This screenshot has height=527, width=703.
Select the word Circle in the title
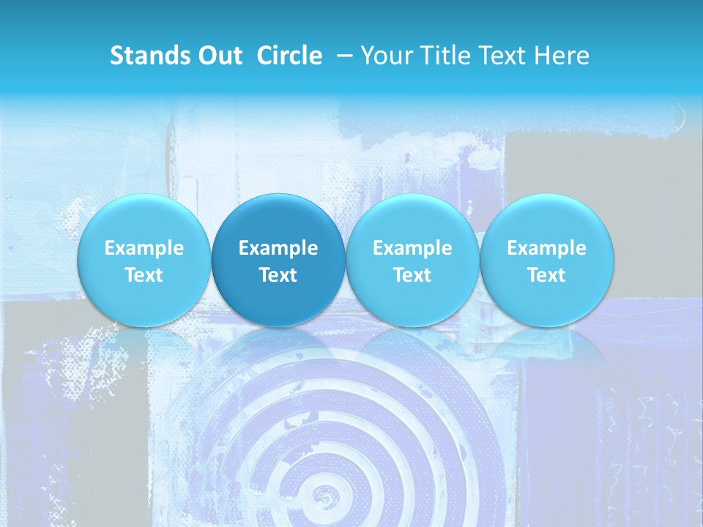pyautogui.click(x=289, y=56)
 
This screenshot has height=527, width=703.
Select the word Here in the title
pyautogui.click(x=562, y=56)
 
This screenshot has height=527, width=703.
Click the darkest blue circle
pyautogui.click(x=278, y=260)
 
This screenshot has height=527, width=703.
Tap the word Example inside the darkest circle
pyautogui.click(x=278, y=248)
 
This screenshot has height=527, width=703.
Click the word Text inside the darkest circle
pyautogui.click(x=278, y=275)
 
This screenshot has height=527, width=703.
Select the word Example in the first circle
pyautogui.click(x=144, y=248)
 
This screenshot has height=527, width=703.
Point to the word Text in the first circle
pyautogui.click(x=144, y=275)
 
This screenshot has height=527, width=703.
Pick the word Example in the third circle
pyautogui.click(x=412, y=248)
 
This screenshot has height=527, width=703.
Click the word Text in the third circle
pyautogui.click(x=412, y=275)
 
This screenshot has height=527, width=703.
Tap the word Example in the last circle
pyautogui.click(x=546, y=248)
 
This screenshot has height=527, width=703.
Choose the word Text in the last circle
pyautogui.click(x=546, y=275)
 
